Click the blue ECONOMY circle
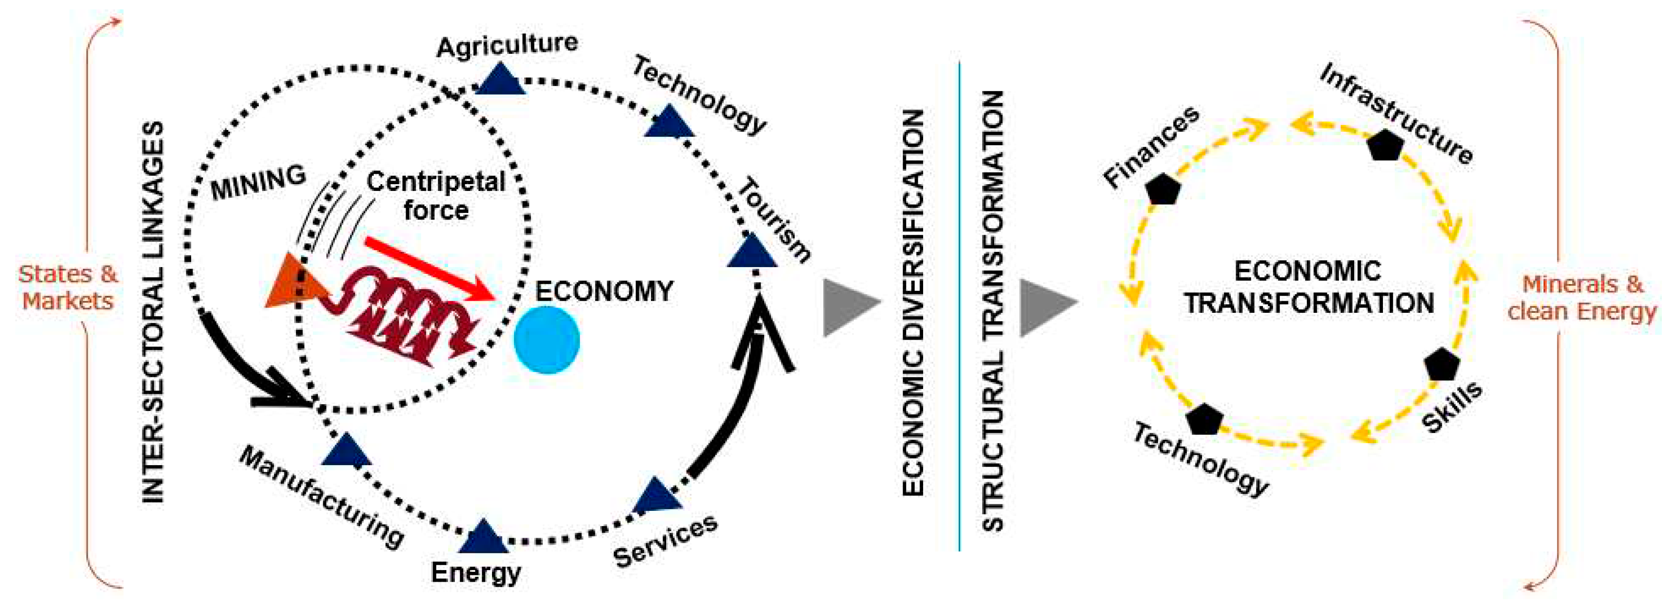click(x=546, y=340)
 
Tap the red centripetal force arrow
click(x=431, y=268)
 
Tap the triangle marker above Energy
click(x=484, y=537)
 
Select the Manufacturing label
click(x=321, y=497)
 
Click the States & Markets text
click(x=68, y=287)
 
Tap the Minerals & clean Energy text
click(x=1582, y=298)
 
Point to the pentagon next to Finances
click(x=1163, y=190)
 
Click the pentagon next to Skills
click(x=1442, y=365)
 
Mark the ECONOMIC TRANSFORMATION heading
click(x=1308, y=287)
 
